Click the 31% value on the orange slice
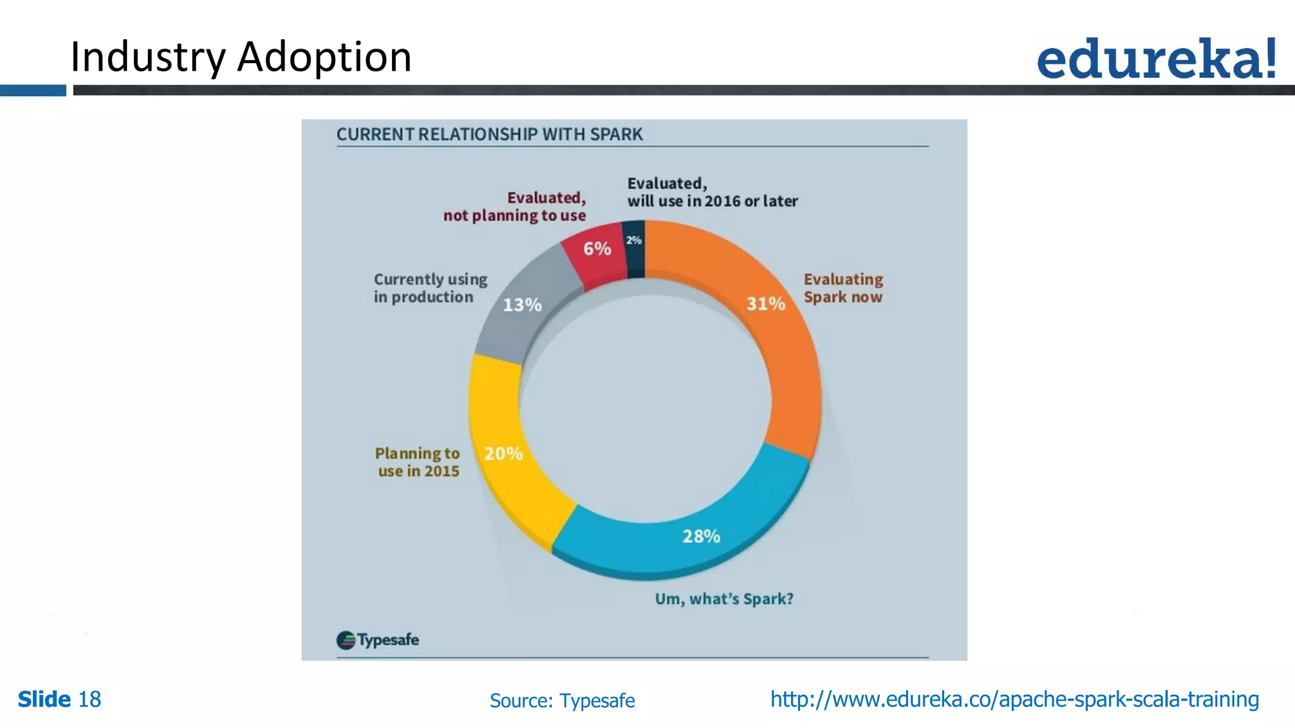coord(766,304)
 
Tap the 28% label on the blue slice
coord(701,537)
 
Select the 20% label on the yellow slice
coord(503,454)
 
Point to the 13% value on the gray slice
coord(522,305)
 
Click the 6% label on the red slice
coord(597,249)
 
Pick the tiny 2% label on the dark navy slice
coord(634,240)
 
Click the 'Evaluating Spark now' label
coord(843,288)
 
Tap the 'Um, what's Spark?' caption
coord(724,599)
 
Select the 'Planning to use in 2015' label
coord(418,462)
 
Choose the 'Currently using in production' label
coord(430,288)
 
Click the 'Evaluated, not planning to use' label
coord(515,207)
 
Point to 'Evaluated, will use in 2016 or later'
coord(712,192)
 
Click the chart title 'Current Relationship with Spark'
coord(489,135)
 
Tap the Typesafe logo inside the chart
coord(377,640)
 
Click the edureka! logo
coord(1157,59)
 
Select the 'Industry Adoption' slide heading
coord(241,57)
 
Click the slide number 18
coord(89,700)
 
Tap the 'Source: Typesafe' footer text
coord(562,701)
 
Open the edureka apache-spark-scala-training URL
coord(1014,700)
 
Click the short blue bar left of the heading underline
coord(33,91)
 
